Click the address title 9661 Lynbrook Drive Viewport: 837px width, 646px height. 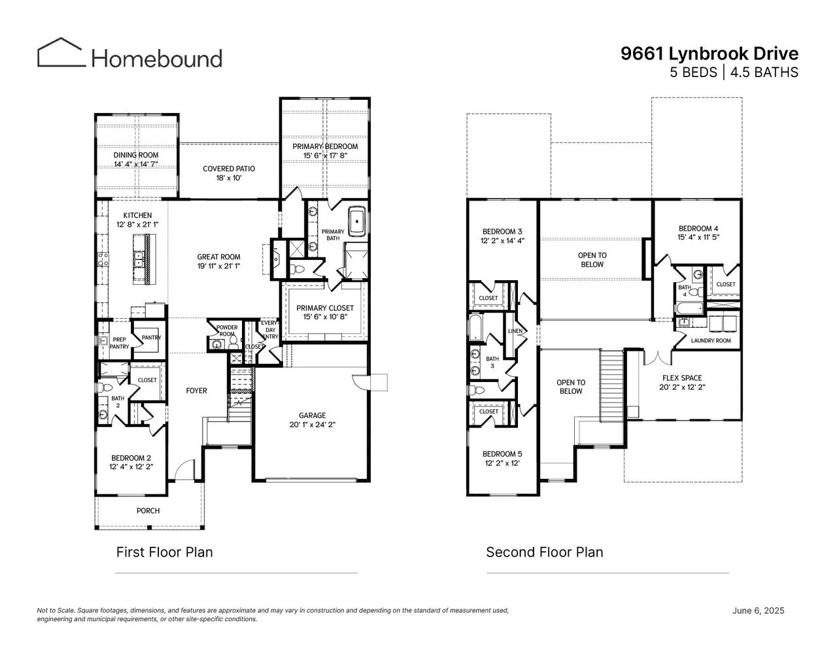(x=709, y=54)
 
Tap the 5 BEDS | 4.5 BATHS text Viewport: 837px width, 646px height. (x=734, y=73)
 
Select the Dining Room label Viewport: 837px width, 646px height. (x=136, y=159)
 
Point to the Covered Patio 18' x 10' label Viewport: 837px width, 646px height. (x=229, y=173)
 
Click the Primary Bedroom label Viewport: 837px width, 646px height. (x=325, y=151)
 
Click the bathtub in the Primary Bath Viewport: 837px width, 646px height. (x=357, y=221)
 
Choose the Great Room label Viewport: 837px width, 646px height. (x=219, y=261)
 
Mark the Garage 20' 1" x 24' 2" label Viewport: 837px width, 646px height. (x=312, y=419)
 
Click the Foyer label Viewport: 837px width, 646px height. (x=196, y=391)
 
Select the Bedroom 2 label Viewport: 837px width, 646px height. (x=131, y=462)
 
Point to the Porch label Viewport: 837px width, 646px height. (x=148, y=511)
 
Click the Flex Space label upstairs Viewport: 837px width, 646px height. (x=681, y=382)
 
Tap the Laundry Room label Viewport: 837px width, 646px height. (x=711, y=341)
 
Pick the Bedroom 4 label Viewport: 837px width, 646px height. (x=699, y=233)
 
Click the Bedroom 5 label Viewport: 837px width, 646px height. (x=502, y=459)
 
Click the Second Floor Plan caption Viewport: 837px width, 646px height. (x=544, y=553)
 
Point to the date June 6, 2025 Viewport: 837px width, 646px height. (x=758, y=611)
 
